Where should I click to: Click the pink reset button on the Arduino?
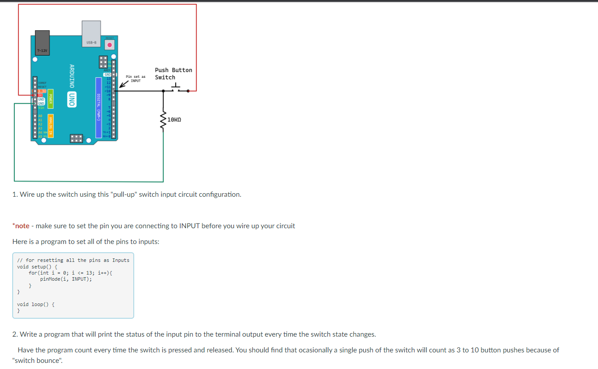pyautogui.click(x=110, y=45)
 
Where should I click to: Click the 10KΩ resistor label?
pyautogui.click(x=174, y=119)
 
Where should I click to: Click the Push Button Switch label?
pyautogui.click(x=173, y=73)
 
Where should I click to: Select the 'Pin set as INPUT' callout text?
pyautogui.click(x=136, y=78)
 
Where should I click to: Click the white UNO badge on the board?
pyautogui.click(x=72, y=99)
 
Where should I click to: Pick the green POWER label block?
pyautogui.click(x=51, y=100)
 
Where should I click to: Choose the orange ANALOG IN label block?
pyautogui.click(x=51, y=126)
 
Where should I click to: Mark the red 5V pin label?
pyautogui.click(x=40, y=95)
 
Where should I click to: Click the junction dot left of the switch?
pyautogui.click(x=163, y=91)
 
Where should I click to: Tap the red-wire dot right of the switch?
pyautogui.click(x=188, y=91)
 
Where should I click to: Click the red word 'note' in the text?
pyautogui.click(x=22, y=226)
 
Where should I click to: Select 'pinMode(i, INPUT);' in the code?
pyautogui.click(x=66, y=279)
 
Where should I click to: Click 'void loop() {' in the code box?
pyautogui.click(x=35, y=304)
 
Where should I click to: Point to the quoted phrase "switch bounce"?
pyautogui.click(x=38, y=361)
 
